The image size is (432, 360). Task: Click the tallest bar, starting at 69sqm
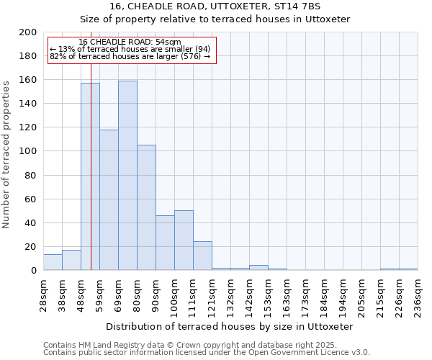click(127, 176)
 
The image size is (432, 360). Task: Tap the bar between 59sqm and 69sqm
click(109, 200)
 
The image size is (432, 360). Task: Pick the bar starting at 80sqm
click(146, 207)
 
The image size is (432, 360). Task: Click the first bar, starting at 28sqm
click(53, 263)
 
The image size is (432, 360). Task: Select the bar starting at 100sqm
click(184, 240)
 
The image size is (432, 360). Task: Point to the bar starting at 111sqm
click(202, 256)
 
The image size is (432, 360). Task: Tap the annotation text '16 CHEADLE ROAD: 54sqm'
click(130, 42)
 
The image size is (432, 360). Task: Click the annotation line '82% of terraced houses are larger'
click(130, 56)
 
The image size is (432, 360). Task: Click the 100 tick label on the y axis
click(28, 151)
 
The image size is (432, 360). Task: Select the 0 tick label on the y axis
click(33, 271)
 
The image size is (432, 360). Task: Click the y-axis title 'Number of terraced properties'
click(6, 154)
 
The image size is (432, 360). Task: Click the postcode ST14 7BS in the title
click(291, 6)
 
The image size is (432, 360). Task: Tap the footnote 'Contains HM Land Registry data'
click(108, 345)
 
